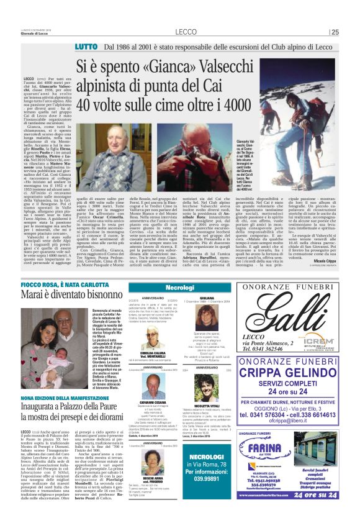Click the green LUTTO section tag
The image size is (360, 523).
tap(86, 47)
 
